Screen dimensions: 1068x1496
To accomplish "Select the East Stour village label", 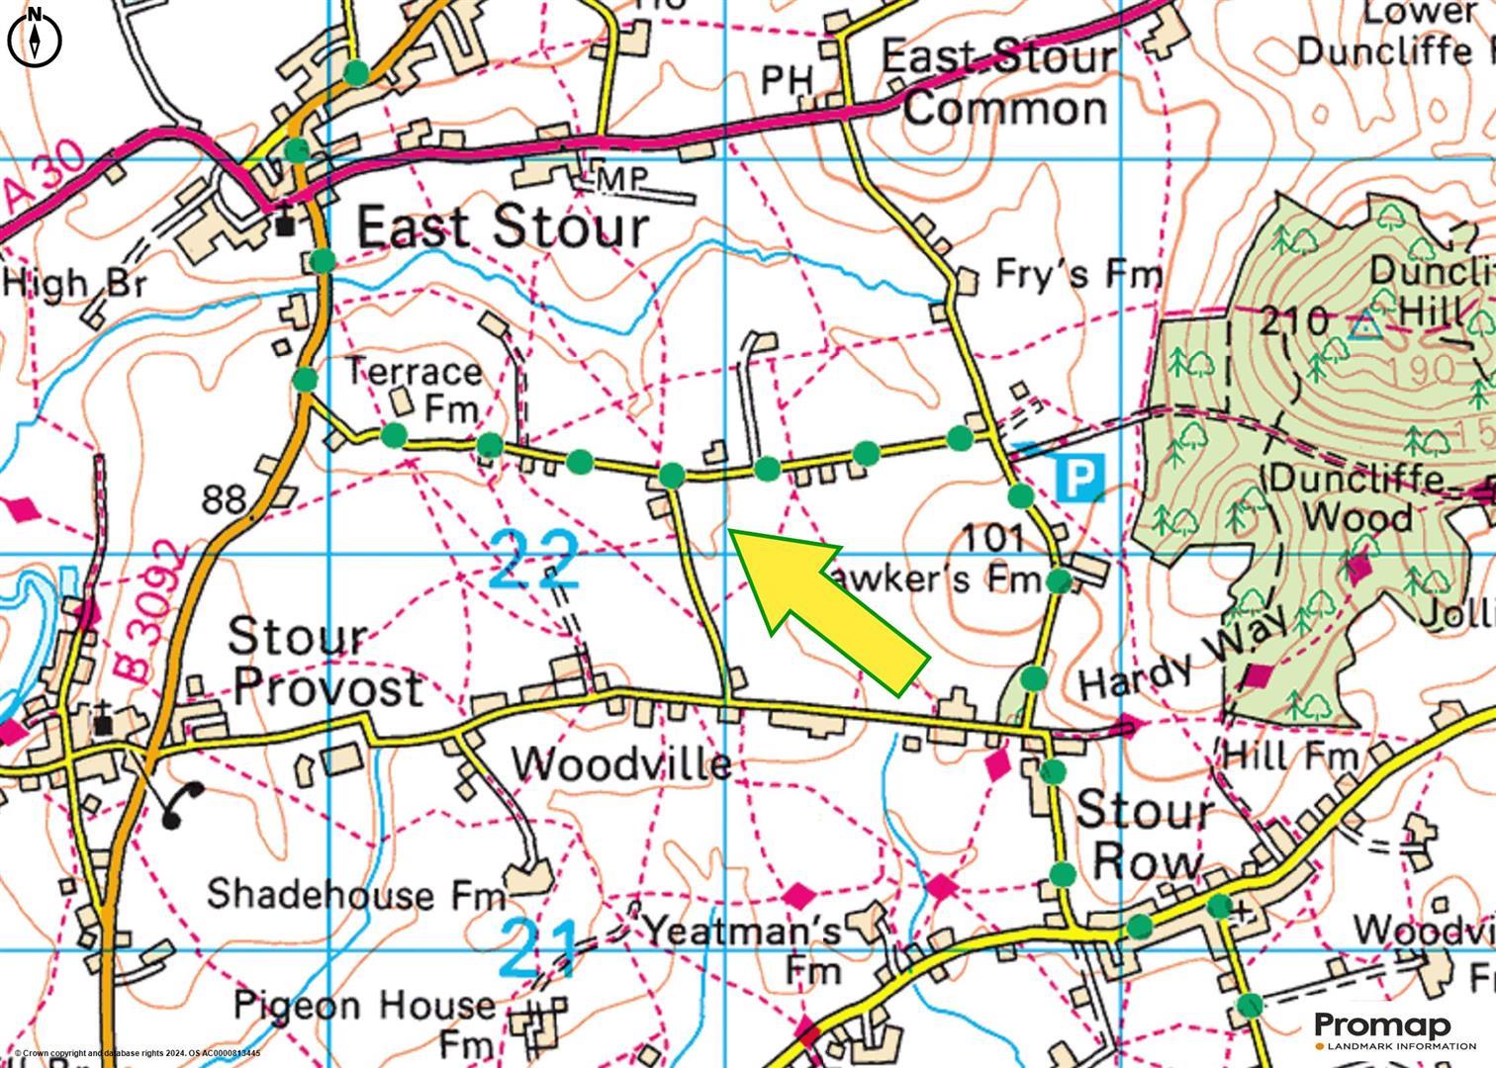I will click(x=502, y=227).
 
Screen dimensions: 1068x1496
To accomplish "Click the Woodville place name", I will click(x=622, y=763).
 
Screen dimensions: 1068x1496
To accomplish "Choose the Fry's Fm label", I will click(x=1077, y=274).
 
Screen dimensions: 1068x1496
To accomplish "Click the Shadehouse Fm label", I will click(x=355, y=894).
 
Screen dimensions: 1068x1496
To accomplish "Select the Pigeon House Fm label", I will click(x=364, y=1022).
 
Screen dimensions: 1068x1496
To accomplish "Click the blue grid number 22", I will click(x=533, y=559).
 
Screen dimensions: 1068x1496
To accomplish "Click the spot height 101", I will click(x=991, y=538).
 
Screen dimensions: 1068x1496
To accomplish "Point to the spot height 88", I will click(x=224, y=499).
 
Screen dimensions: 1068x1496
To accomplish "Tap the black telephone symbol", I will click(x=183, y=803).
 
